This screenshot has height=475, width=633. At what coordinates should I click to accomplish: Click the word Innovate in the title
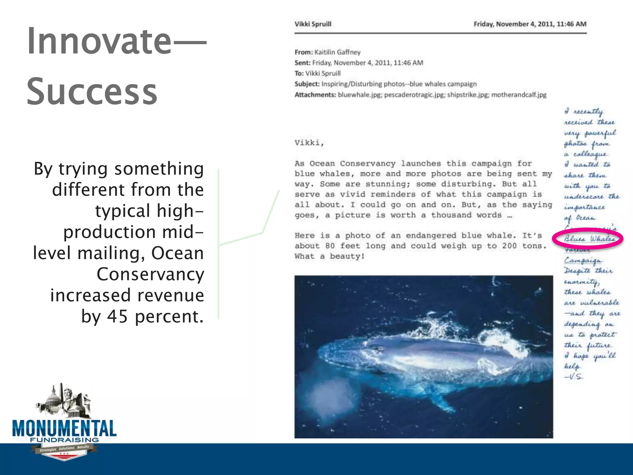(99, 42)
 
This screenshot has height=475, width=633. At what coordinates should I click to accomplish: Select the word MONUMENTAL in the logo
(64, 429)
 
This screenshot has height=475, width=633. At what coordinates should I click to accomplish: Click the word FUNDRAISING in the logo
(64, 440)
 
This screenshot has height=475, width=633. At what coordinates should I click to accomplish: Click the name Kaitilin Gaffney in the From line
(337, 52)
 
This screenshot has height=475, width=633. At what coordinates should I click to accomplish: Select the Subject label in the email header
(307, 84)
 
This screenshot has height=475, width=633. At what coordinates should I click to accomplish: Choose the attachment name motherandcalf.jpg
(519, 95)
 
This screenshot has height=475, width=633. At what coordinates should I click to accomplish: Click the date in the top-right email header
(530, 24)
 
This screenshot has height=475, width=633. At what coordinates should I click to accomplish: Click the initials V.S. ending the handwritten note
(574, 377)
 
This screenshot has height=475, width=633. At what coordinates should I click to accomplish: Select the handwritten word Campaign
(583, 260)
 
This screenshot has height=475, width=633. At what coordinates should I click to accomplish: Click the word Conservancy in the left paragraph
(150, 274)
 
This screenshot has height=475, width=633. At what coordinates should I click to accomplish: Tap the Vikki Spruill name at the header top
(313, 24)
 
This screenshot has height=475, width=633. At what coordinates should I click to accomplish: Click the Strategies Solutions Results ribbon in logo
(64, 449)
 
